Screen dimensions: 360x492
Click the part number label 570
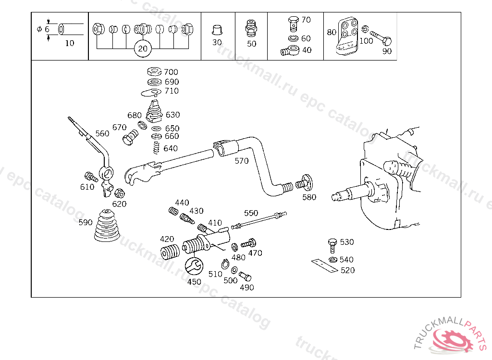242,161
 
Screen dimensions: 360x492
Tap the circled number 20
142,48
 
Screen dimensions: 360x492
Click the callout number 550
251,213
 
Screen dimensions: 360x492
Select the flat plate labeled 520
324,265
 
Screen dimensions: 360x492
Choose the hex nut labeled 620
119,193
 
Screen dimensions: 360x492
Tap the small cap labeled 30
217,29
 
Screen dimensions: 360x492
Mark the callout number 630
172,115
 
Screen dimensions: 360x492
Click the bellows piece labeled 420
169,252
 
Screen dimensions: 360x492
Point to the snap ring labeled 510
225,264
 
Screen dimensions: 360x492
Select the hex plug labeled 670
130,139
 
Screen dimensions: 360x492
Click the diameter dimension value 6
47,29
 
